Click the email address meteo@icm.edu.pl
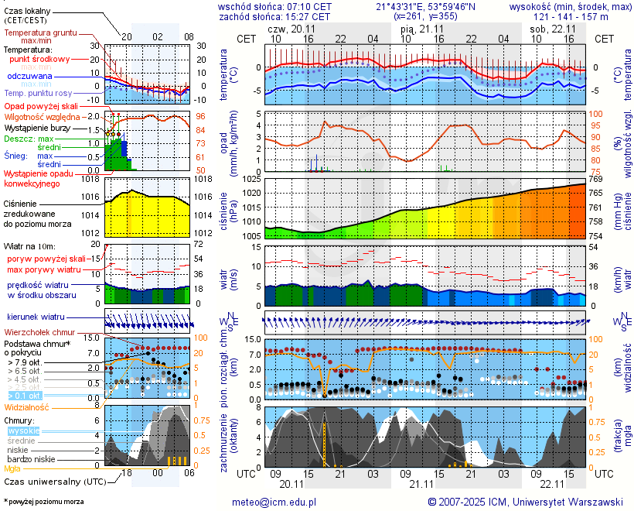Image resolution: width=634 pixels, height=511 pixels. click(274, 502)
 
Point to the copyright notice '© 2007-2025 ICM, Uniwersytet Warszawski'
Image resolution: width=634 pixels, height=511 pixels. click(526, 502)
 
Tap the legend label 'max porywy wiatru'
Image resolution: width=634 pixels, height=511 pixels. click(45, 269)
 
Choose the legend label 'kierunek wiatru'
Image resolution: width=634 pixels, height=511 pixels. click(36, 317)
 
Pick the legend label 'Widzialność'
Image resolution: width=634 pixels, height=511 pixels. click(27, 406)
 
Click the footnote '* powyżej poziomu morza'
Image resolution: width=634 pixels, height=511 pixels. click(43, 502)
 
